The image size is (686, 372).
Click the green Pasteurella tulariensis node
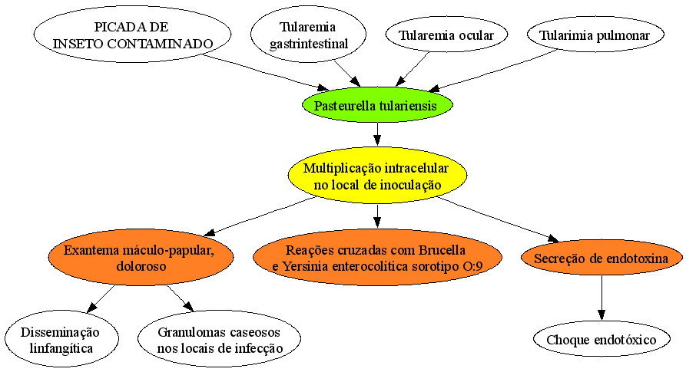tap(377, 105)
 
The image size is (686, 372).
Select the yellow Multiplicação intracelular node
tap(377, 176)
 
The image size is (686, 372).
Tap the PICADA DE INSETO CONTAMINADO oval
tap(132, 35)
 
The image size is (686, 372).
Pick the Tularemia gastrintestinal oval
tap(309, 35)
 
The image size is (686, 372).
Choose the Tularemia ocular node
tap(446, 35)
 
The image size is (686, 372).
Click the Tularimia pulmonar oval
tap(595, 35)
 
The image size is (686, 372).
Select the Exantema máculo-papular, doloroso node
tap(141, 258)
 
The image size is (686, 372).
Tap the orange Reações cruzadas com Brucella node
tap(377, 258)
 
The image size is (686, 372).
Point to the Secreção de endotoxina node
tap(601, 258)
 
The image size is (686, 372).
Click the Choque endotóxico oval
tap(601, 339)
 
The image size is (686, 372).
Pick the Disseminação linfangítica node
tap(61, 339)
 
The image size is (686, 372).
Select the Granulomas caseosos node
tap(219, 339)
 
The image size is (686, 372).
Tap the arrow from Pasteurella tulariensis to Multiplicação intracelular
tap(377, 134)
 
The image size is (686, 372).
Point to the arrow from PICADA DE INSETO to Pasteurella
tap(266, 72)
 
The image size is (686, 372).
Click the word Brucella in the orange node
tap(442, 250)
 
